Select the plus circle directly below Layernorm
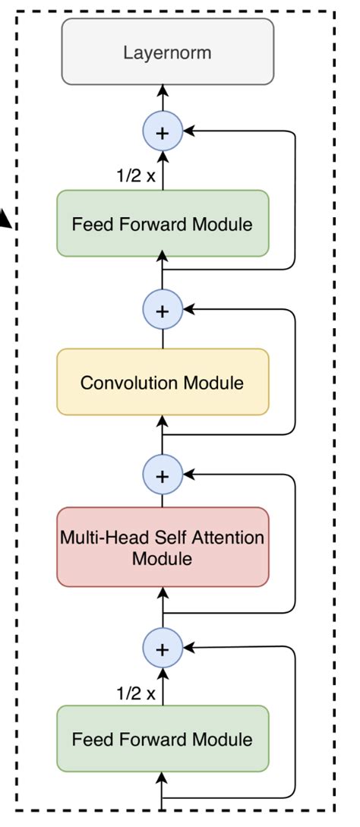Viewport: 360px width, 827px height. pos(162,132)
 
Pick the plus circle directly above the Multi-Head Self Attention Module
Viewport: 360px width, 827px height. pos(162,475)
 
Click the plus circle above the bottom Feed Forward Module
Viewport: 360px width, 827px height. pos(162,649)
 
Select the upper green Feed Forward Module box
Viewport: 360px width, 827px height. pos(163,223)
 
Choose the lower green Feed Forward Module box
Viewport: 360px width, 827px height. pos(163,738)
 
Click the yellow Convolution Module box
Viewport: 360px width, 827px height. pos(163,382)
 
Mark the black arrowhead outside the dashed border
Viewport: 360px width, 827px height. pos(7,221)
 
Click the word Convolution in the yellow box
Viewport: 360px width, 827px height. pos(122,382)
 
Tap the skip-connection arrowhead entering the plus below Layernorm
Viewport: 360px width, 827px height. pos(187,132)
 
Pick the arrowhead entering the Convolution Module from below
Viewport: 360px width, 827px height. pos(162,421)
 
